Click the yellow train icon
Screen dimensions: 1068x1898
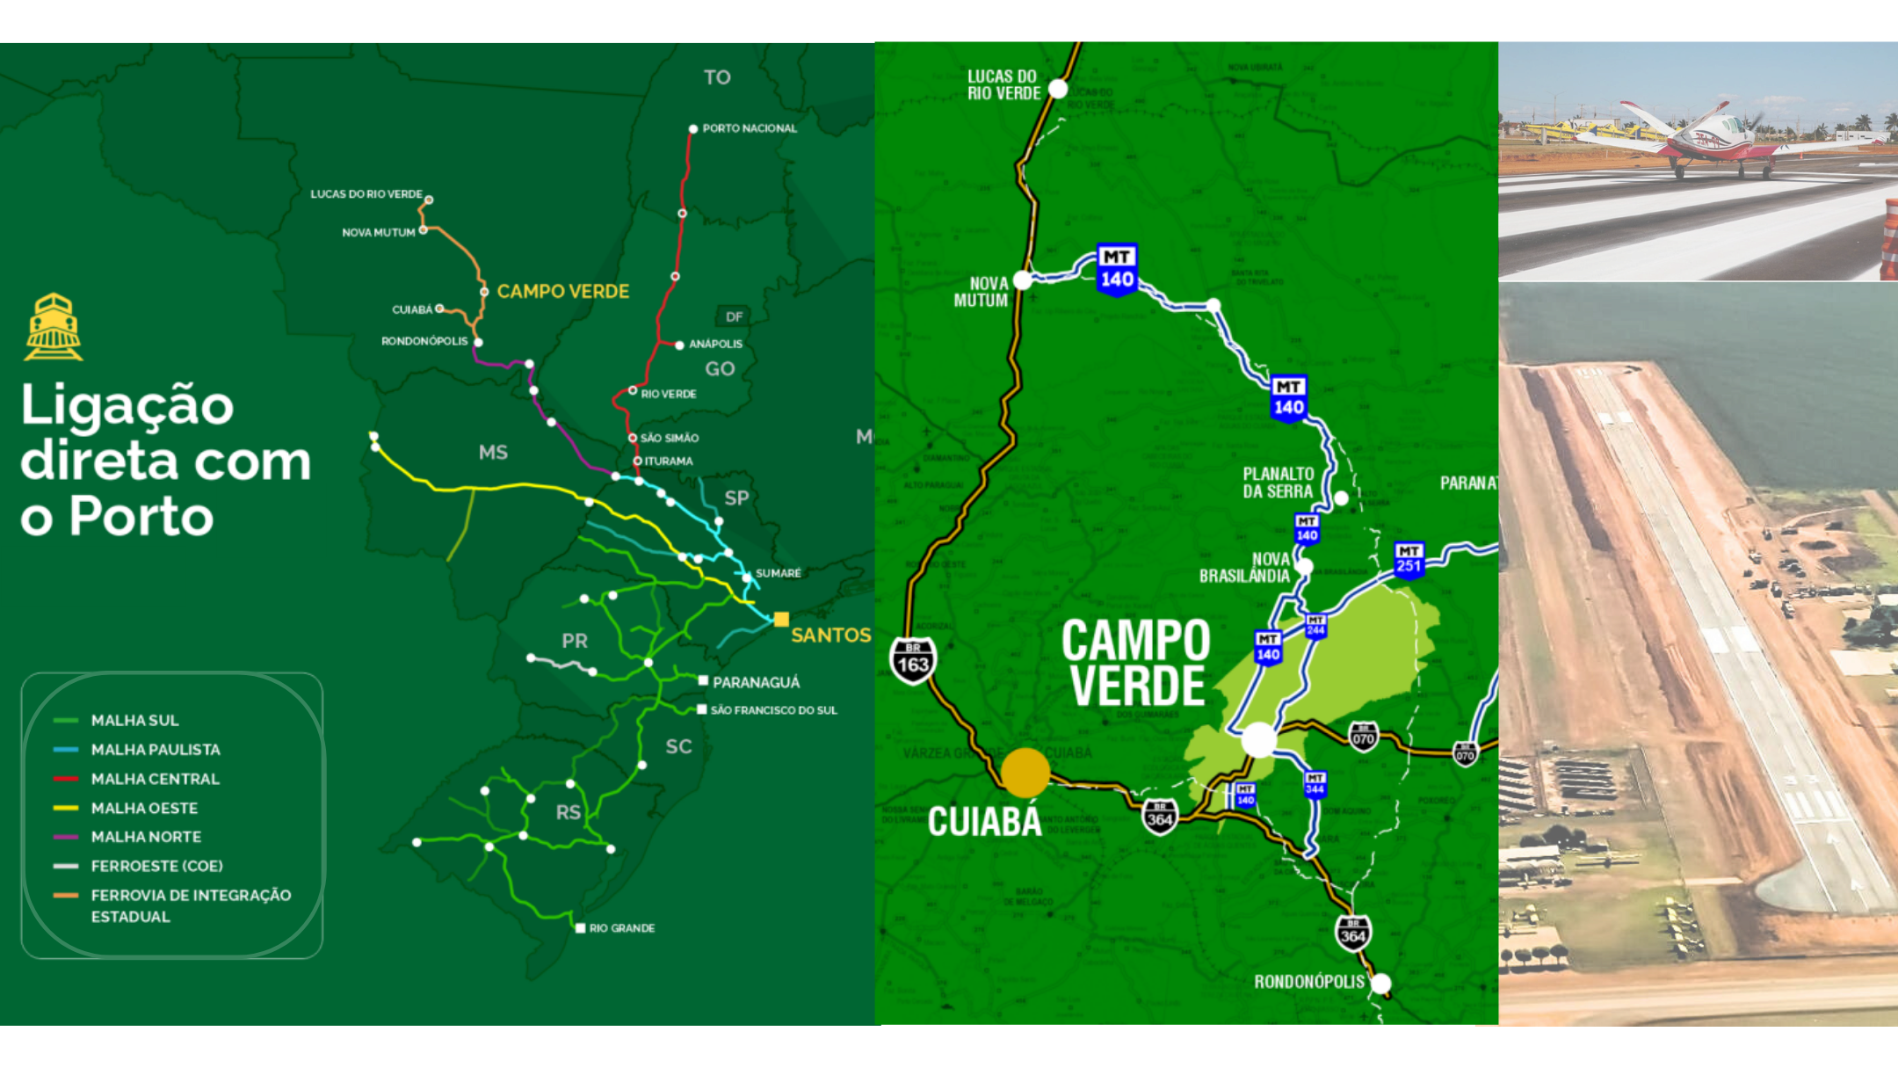click(54, 327)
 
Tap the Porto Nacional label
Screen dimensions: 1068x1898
click(749, 128)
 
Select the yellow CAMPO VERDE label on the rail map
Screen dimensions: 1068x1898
click(562, 291)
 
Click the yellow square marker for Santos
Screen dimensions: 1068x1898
click(781, 619)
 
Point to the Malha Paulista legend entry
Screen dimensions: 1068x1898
click(156, 750)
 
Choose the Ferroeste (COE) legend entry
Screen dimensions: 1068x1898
click(156, 866)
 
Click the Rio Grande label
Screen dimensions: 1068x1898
click(621, 928)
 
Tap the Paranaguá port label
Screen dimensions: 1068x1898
click(756, 682)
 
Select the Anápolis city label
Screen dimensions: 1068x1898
click(715, 344)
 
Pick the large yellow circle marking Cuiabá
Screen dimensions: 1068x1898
click(1025, 773)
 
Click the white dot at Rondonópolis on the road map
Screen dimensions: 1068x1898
click(1381, 984)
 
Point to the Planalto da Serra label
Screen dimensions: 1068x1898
click(1278, 483)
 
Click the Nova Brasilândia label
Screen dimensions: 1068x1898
click(1245, 568)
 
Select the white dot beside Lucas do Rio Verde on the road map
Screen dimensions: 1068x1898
click(1058, 89)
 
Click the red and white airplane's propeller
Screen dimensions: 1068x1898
click(1754, 122)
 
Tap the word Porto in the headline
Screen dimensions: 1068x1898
click(141, 516)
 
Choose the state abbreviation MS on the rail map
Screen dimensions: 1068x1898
click(493, 453)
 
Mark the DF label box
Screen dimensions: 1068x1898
click(734, 316)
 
